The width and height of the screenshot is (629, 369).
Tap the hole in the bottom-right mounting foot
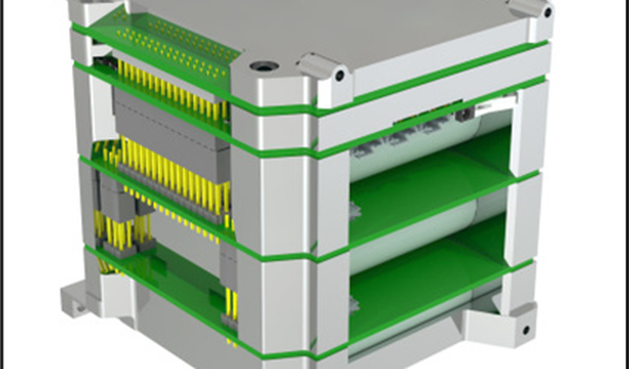point(524,329)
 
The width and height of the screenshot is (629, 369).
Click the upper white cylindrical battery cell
point(414,155)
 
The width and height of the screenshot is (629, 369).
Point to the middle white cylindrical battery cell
point(414,237)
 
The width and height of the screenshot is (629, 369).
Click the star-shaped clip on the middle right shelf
point(356,210)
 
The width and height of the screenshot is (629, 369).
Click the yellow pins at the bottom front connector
point(231,305)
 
